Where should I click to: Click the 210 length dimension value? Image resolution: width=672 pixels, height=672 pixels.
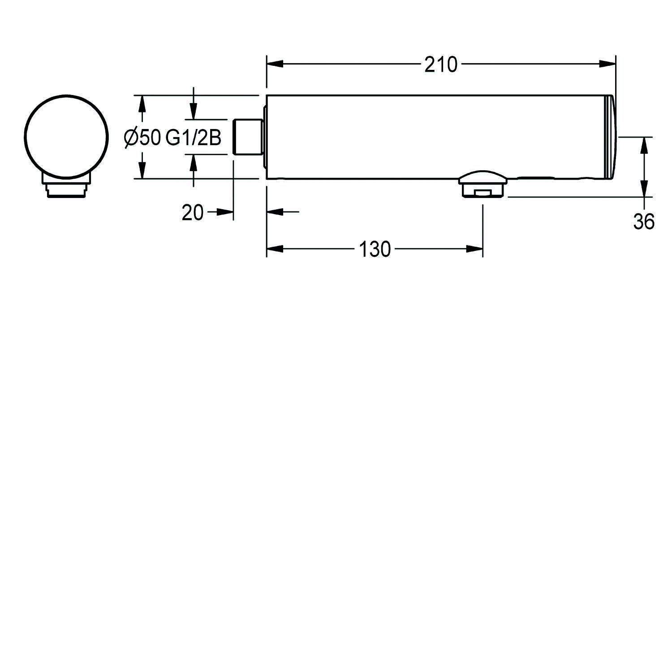441,65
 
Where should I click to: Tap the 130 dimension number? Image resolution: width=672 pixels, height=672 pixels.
375,250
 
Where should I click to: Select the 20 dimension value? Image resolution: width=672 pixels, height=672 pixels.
193,212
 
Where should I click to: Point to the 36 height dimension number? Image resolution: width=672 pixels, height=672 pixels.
644,221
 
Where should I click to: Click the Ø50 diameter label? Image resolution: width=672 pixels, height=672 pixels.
142,138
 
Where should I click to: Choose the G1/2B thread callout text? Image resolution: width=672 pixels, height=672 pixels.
194,138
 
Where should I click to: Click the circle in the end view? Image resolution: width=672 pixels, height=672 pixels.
67,137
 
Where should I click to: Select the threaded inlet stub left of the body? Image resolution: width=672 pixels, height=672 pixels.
248,137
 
